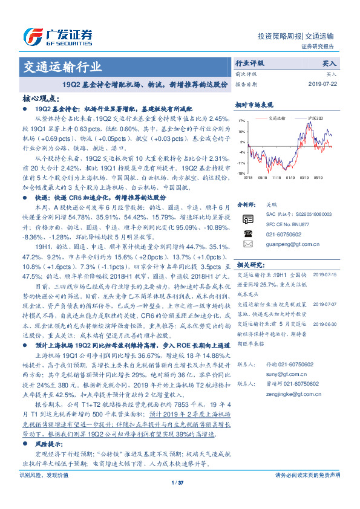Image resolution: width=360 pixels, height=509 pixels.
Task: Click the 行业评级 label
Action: [x=249, y=63]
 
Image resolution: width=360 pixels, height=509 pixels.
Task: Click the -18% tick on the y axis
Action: [x=241, y=173]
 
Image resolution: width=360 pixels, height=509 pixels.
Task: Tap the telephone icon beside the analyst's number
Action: [x=247, y=233]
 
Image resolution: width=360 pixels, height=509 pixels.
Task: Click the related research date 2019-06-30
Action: [x=326, y=323]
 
